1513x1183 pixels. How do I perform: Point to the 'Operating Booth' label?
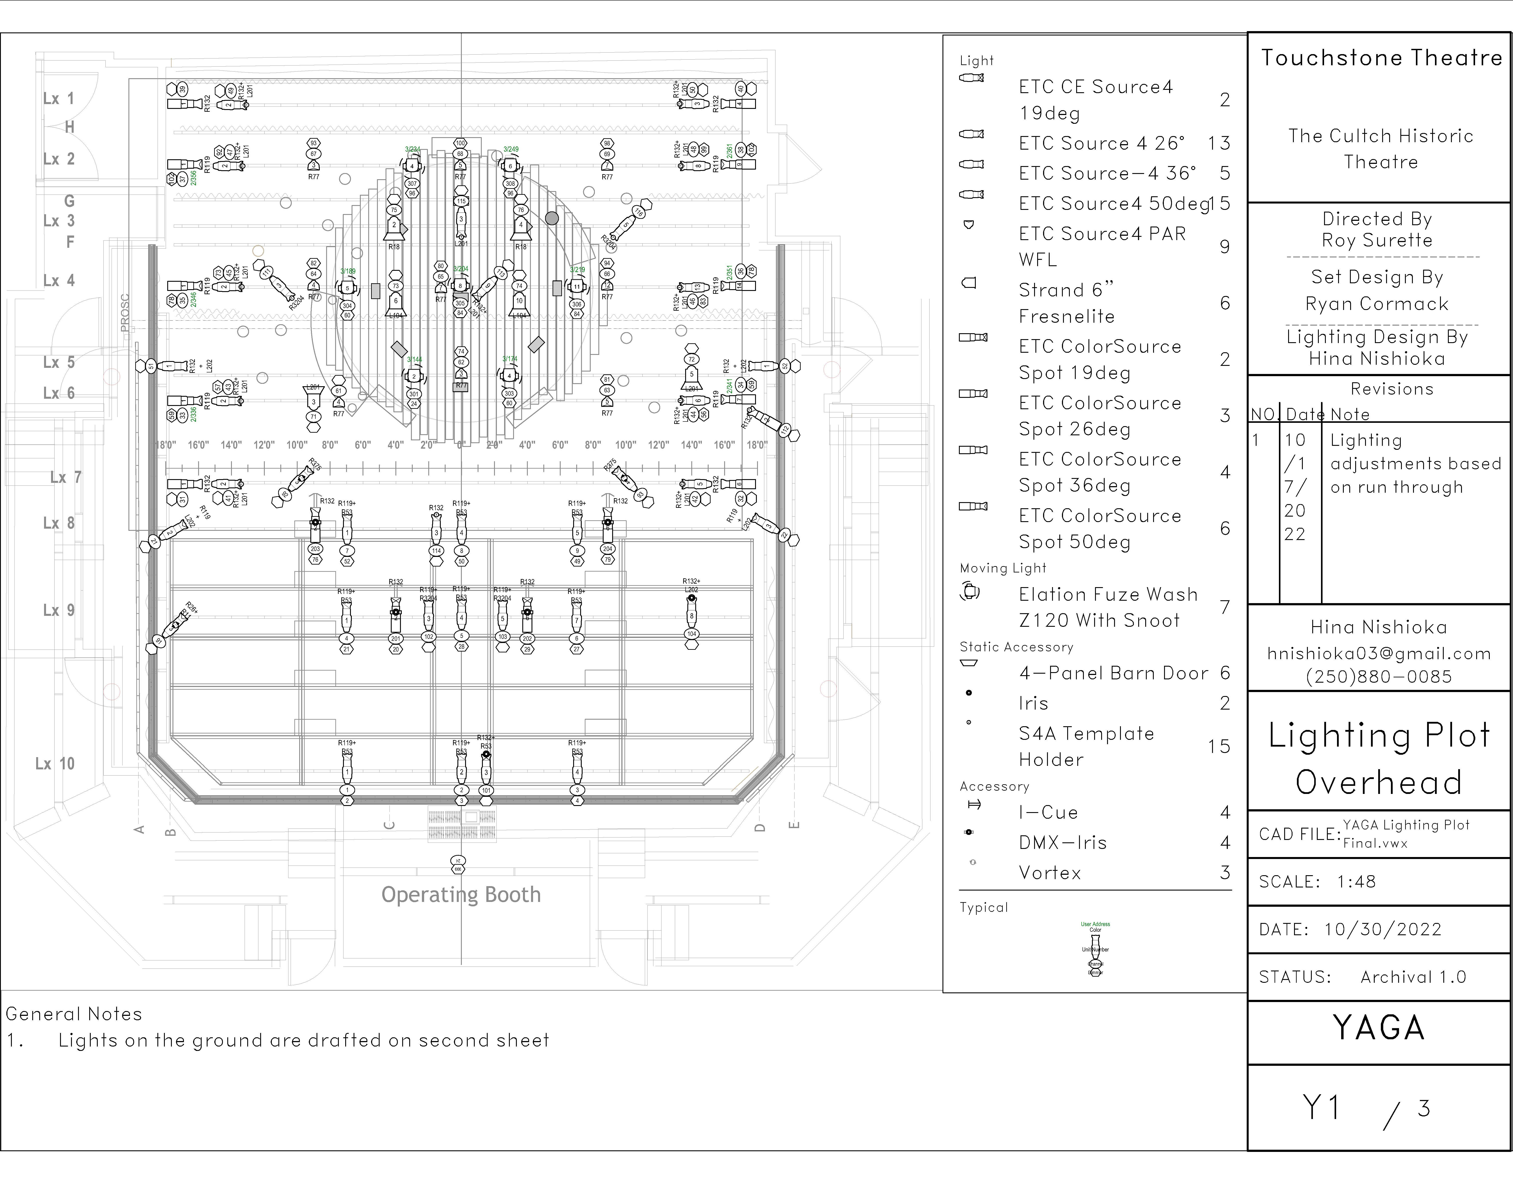(x=461, y=895)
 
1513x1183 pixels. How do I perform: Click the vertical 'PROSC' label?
(x=125, y=313)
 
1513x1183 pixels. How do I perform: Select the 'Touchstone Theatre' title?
(x=1381, y=57)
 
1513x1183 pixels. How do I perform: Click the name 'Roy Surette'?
(x=1376, y=240)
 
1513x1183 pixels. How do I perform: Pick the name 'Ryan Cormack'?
(x=1376, y=304)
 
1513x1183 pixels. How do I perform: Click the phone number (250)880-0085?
(x=1379, y=677)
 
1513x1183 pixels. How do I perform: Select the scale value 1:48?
(x=1356, y=882)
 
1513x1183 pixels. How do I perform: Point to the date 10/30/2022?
(x=1382, y=930)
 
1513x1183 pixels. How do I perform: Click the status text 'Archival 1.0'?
(x=1413, y=977)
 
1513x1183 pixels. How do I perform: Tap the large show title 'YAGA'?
(x=1379, y=1028)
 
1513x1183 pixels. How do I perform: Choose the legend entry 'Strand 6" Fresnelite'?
(x=1067, y=303)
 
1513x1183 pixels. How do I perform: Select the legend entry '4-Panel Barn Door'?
(x=1113, y=673)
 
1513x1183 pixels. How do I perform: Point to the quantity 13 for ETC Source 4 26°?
(x=1219, y=143)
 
